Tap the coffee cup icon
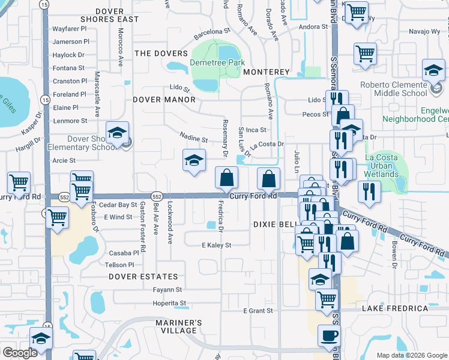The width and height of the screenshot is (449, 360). point(328,337)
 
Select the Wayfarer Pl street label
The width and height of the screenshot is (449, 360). point(70,28)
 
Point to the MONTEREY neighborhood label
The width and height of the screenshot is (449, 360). point(267,72)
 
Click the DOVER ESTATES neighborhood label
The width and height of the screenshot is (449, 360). point(143,277)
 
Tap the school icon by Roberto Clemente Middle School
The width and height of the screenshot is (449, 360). point(433,71)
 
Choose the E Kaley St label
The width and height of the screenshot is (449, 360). point(216,245)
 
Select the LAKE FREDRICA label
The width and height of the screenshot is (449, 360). point(395,308)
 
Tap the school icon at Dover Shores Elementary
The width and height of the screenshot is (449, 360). point(118,133)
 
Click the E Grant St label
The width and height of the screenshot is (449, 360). point(258,311)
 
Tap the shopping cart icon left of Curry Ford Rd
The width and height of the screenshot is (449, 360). point(19,183)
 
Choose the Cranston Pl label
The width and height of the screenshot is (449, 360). point(70,81)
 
